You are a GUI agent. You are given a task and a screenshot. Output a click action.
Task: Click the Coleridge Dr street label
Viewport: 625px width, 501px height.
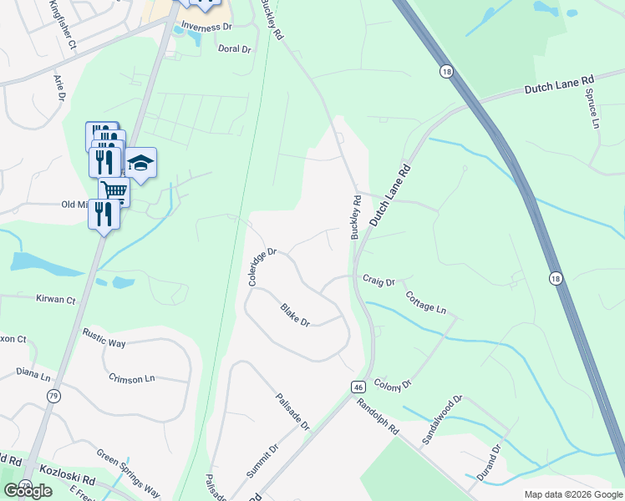click(262, 266)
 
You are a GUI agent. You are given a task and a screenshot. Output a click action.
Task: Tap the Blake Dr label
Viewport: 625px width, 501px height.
click(295, 316)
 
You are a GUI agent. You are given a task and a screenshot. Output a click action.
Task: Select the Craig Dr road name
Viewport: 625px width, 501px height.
click(378, 281)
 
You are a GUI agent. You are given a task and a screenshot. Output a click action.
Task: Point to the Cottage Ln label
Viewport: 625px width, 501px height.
click(425, 302)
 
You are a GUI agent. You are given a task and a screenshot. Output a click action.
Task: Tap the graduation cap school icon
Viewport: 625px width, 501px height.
click(140, 164)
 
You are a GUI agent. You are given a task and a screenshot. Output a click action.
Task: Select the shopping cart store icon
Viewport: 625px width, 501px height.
click(114, 192)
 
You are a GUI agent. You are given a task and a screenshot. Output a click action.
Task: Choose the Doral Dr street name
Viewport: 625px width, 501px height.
click(234, 49)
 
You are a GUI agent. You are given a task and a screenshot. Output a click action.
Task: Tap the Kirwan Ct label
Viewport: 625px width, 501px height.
click(56, 299)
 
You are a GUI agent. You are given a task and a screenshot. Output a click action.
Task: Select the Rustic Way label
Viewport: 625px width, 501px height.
click(104, 337)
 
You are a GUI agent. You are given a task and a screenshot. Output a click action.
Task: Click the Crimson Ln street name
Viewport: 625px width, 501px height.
click(132, 378)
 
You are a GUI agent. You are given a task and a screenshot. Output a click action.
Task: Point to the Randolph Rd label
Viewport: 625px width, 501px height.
click(378, 414)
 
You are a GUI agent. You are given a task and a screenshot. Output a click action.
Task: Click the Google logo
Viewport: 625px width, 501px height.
click(28, 491)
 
